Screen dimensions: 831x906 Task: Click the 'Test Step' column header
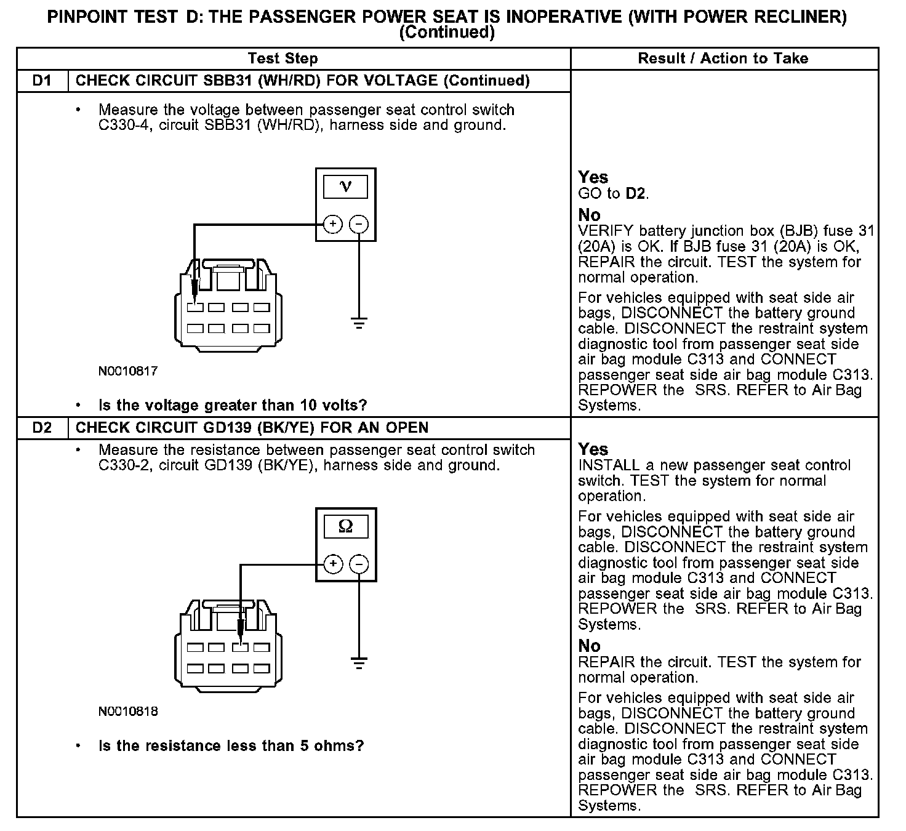[283, 58]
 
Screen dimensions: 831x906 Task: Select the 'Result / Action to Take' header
[723, 58]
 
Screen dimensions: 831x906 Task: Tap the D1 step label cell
[42, 81]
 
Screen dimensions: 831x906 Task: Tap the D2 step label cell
[42, 428]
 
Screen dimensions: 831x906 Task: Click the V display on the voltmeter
[345, 187]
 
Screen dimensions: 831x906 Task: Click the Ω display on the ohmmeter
[345, 527]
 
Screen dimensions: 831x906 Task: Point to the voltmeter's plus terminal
[332, 225]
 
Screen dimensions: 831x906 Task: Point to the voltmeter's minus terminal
[359, 225]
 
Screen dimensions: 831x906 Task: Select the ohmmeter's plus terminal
[332, 564]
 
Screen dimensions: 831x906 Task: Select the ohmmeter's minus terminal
[359, 564]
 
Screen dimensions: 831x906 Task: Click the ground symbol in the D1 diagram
[359, 323]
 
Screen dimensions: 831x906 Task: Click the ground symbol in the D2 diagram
[359, 662]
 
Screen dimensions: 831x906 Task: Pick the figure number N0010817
[128, 371]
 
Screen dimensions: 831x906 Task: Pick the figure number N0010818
[128, 712]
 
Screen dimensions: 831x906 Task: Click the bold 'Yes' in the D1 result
[593, 177]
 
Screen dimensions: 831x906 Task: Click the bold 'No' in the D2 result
[589, 646]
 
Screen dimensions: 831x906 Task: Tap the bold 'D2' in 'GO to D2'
[636, 193]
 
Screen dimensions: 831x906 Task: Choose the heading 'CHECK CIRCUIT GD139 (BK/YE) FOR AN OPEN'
[252, 428]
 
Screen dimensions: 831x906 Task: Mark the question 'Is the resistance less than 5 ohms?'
[231, 746]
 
